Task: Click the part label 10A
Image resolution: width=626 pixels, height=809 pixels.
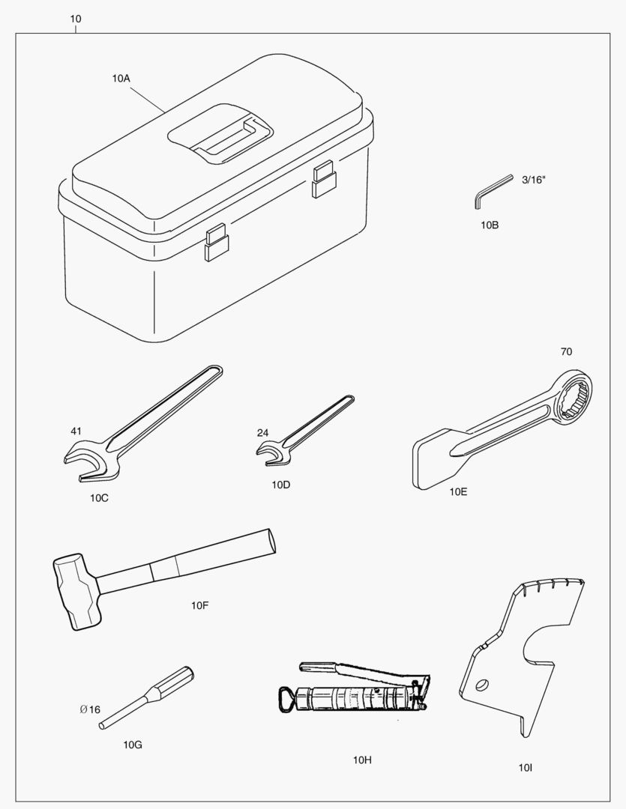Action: [x=121, y=79]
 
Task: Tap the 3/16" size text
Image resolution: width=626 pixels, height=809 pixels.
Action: [x=534, y=180]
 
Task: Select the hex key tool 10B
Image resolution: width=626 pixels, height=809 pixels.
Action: [x=493, y=192]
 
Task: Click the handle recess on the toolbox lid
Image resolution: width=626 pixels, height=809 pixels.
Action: [x=220, y=133]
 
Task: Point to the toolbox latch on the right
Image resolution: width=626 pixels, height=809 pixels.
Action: [x=324, y=178]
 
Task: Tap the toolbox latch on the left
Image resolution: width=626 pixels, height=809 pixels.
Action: [x=216, y=242]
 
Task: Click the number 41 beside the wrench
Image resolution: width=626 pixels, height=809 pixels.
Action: [x=76, y=431]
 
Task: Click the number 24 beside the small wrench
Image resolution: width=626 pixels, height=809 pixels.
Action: [x=263, y=433]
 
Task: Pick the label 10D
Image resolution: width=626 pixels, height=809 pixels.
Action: [x=281, y=485]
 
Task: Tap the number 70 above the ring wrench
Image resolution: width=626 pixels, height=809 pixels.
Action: [x=566, y=351]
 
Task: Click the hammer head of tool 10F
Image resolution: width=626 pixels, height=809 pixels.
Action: [x=76, y=592]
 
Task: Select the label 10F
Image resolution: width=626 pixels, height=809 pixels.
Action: [x=199, y=605]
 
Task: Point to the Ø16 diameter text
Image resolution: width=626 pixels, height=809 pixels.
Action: [x=90, y=709]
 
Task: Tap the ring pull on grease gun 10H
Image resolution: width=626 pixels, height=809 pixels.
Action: [x=286, y=700]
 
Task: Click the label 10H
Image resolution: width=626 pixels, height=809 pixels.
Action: [x=362, y=760]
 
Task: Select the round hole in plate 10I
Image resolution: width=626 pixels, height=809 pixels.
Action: [x=482, y=685]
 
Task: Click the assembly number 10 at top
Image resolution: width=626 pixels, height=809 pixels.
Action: [x=76, y=19]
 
